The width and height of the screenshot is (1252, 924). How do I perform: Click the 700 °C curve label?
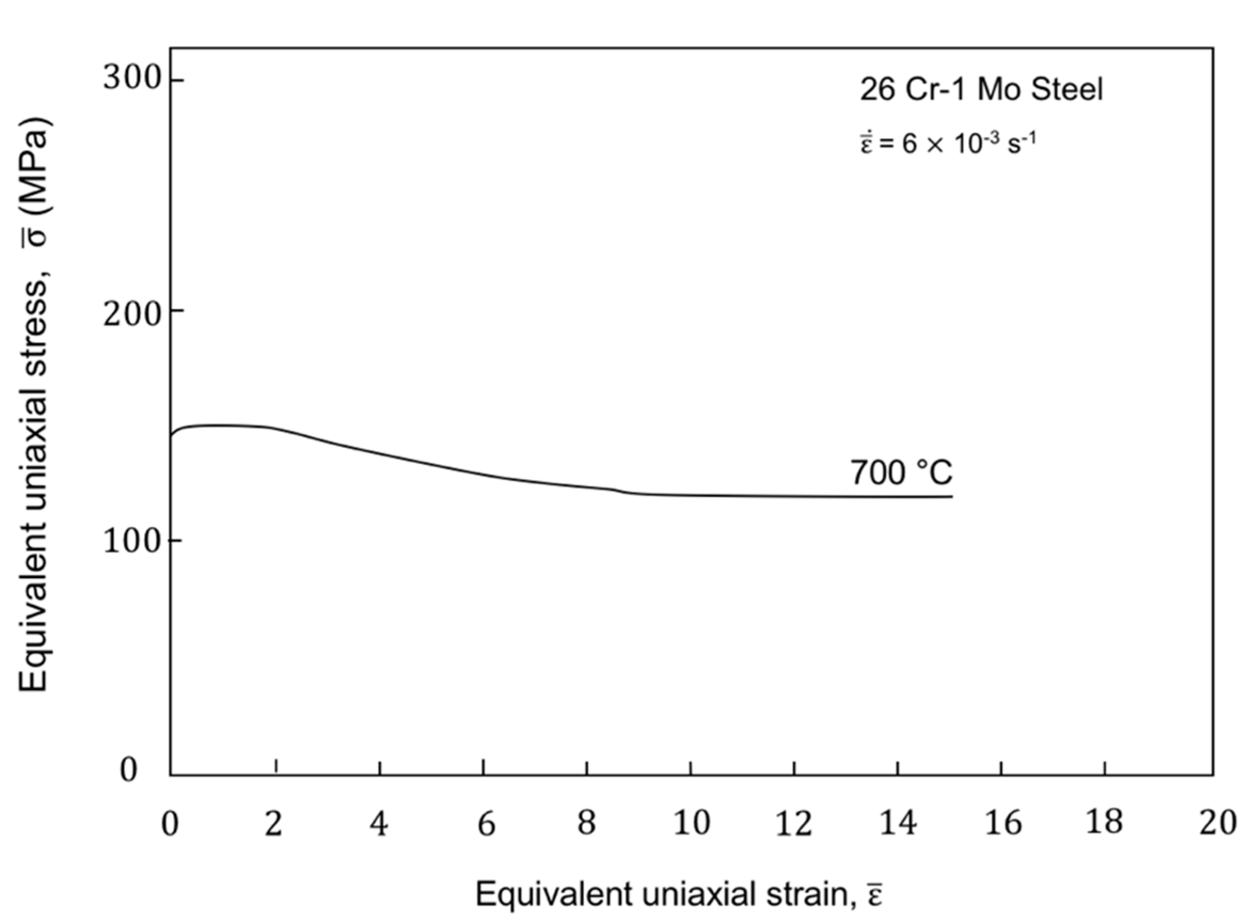tap(901, 473)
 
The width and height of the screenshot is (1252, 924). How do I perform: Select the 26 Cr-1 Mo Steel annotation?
tap(981, 90)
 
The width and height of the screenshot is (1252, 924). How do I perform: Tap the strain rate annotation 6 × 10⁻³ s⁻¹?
tap(948, 143)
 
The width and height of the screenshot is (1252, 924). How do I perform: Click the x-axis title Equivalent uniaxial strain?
tap(679, 894)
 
